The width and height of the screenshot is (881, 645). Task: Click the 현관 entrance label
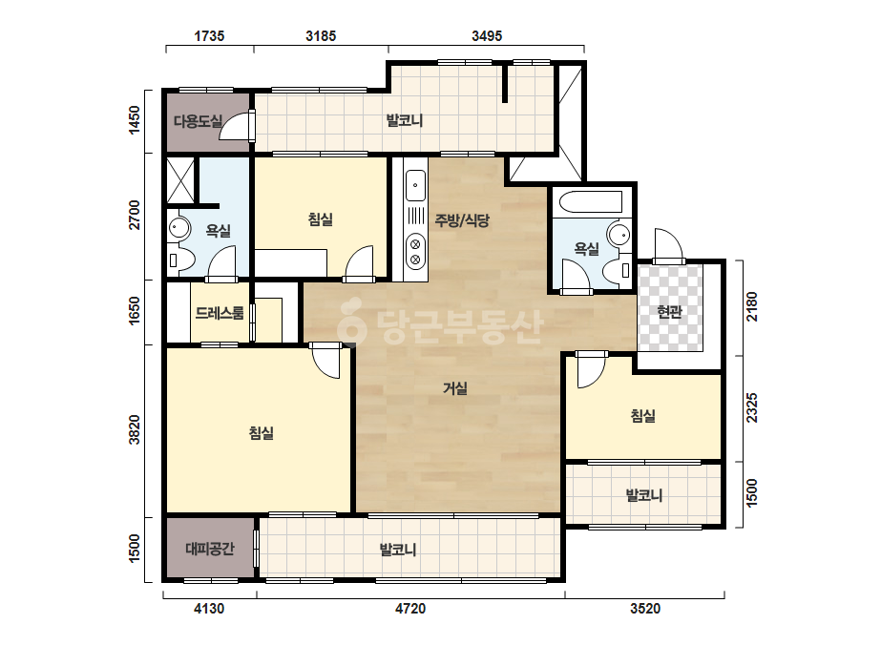pos(669,311)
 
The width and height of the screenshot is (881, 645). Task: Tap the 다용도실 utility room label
pos(198,121)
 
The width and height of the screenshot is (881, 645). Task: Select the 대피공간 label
pos(210,549)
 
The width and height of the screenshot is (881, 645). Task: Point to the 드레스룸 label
pos(220,312)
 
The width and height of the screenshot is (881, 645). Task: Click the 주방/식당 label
pos(462,220)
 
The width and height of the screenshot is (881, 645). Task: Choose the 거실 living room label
pos(455,387)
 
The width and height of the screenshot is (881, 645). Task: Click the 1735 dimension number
pos(209,36)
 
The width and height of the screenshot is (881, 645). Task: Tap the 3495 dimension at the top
pos(487,36)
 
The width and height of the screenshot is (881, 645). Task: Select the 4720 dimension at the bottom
pos(410,609)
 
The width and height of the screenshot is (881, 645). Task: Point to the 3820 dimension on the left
pos(135,429)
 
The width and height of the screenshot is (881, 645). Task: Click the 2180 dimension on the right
pos(752,307)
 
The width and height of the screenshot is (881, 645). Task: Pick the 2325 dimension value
pos(752,408)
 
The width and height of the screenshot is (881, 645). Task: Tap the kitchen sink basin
pos(415,185)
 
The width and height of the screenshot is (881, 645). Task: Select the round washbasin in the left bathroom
pos(179,228)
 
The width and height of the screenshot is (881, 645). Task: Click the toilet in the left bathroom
pos(181,260)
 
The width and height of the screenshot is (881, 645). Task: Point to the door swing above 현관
pos(668,245)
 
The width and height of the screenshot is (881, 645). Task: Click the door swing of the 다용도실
pos(236,125)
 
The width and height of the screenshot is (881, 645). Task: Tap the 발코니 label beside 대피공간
pos(398,549)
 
